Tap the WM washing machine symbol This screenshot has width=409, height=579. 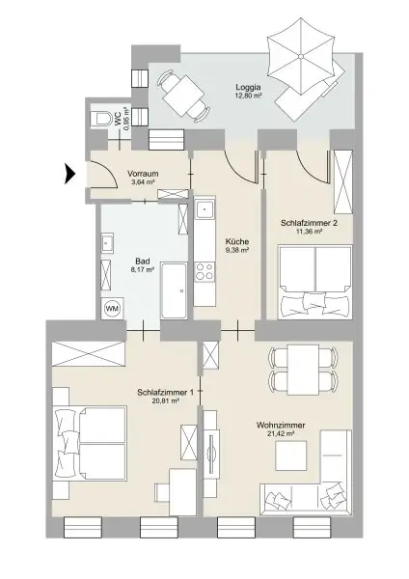tap(113, 308)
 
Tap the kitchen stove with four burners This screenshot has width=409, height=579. tap(204, 272)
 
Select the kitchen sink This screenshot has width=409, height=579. tap(204, 211)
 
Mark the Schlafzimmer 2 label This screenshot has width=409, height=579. tap(308, 222)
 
